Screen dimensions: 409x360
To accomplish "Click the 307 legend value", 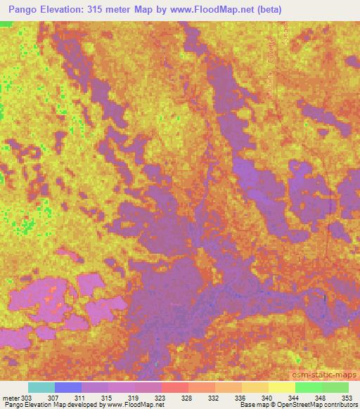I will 63,398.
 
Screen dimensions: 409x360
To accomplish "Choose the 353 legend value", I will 347,398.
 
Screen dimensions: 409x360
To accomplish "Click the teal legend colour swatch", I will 41,387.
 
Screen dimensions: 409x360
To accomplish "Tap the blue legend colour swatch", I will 67,387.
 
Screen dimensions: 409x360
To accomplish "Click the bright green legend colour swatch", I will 308,387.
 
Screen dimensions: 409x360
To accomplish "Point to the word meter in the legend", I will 11,398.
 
